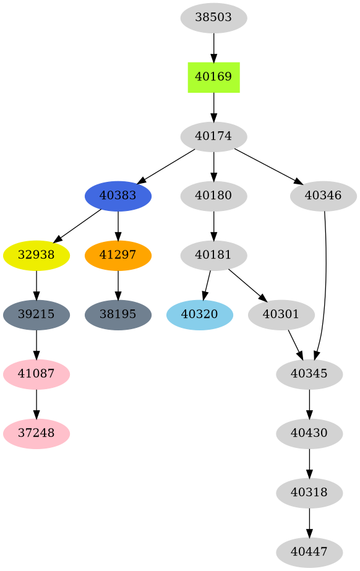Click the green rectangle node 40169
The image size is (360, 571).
(213, 77)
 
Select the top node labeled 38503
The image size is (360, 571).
(213, 17)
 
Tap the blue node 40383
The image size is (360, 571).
(118, 195)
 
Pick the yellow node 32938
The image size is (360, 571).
(36, 255)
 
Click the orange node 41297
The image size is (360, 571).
(118, 255)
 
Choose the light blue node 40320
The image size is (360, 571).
(199, 314)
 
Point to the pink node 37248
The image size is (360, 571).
(36, 433)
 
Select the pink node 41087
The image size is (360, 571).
(36, 374)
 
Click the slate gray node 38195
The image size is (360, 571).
(118, 314)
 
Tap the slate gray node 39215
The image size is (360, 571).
(36, 314)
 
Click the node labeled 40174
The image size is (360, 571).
(213, 136)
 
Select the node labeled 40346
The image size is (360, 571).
(323, 195)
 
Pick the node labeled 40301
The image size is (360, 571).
(281, 314)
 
